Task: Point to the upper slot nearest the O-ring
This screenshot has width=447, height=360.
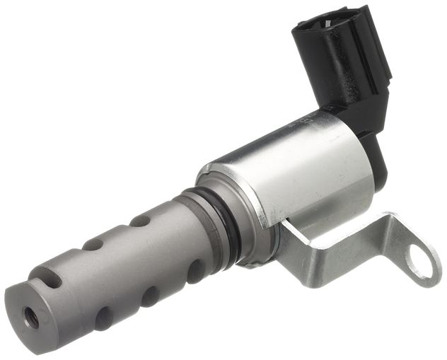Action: pos(141,221)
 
